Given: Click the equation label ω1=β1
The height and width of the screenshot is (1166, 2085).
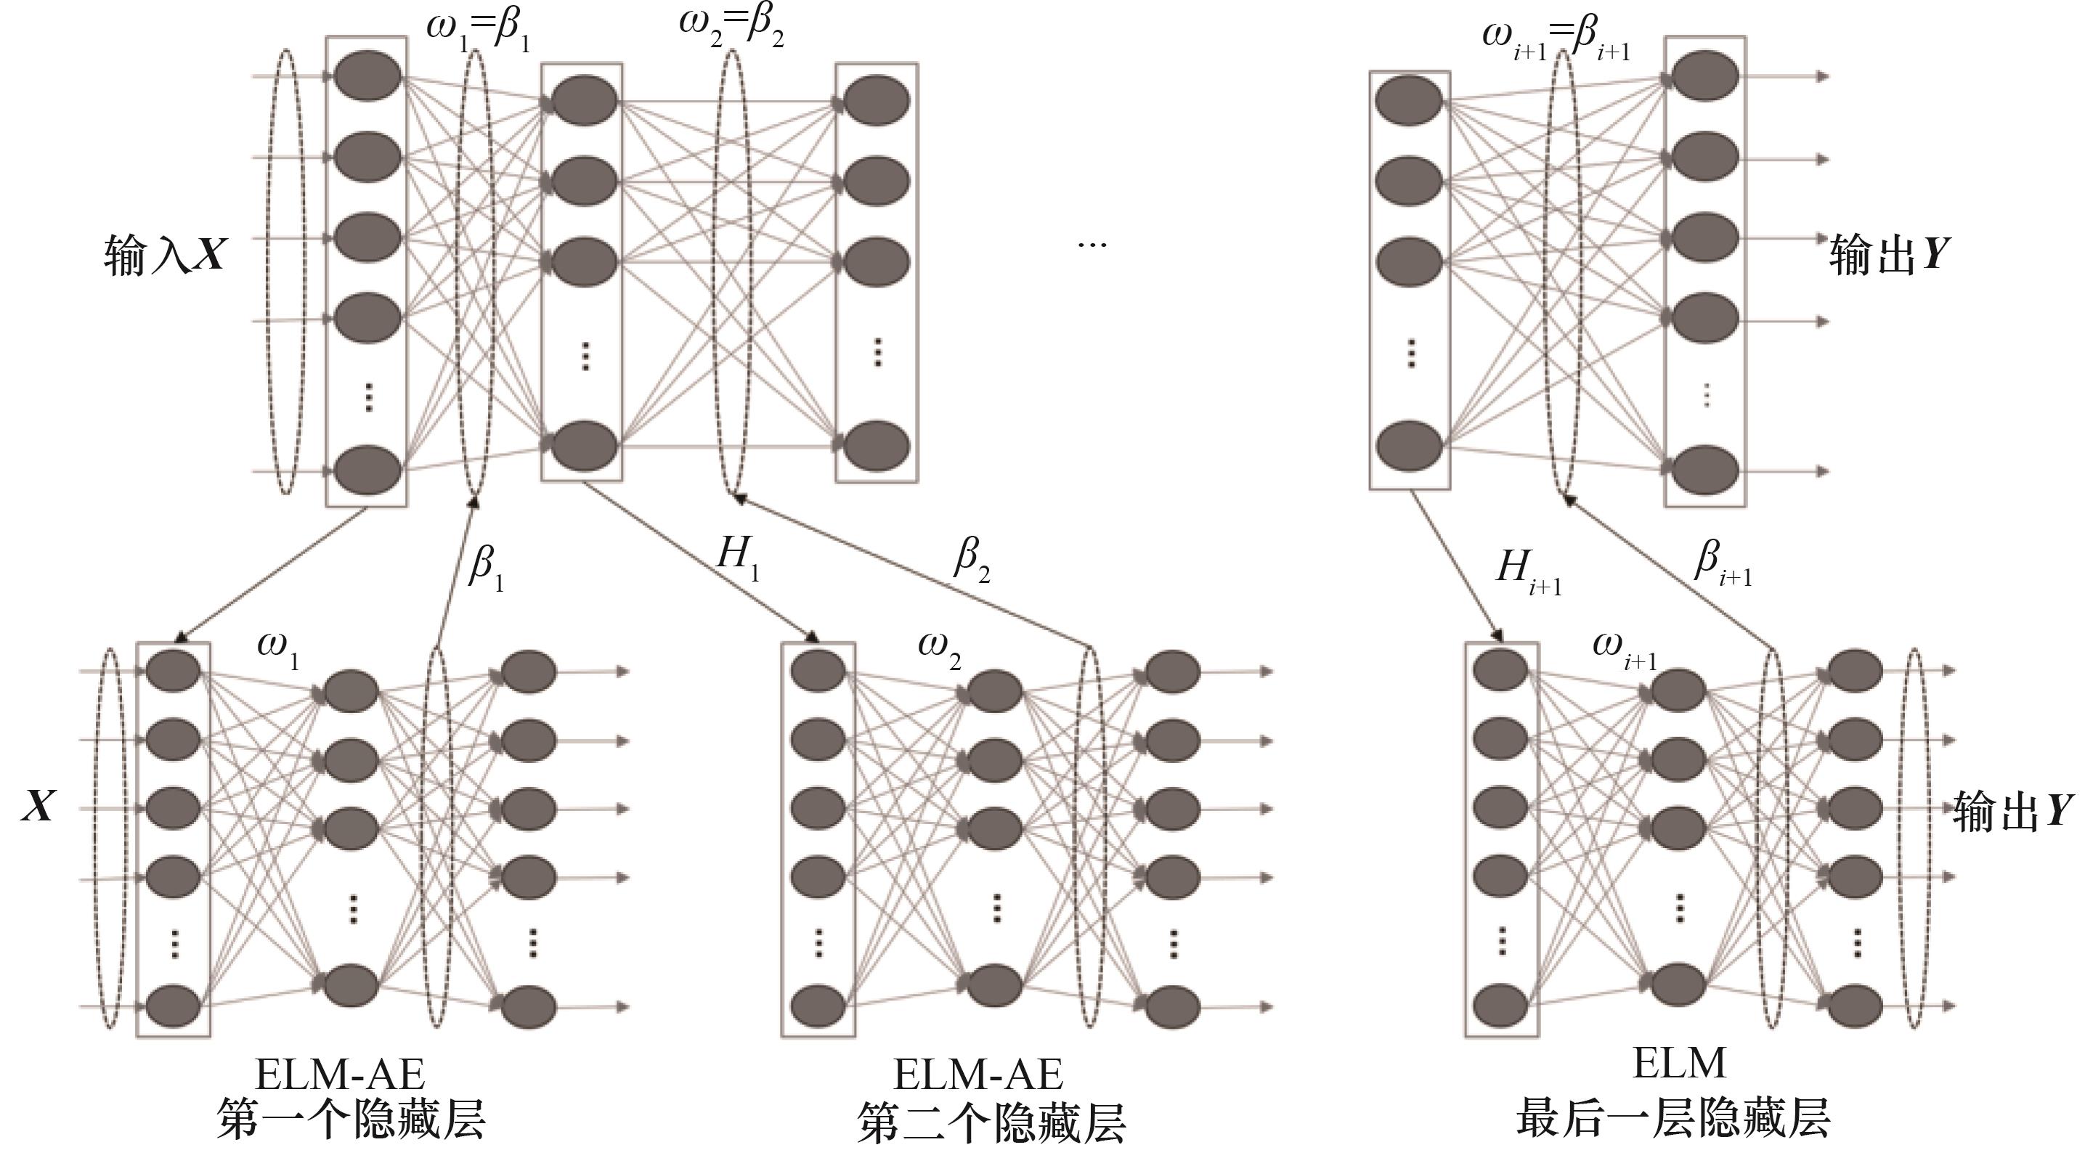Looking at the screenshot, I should click(479, 30).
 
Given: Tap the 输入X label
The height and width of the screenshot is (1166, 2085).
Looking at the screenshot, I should click(165, 255).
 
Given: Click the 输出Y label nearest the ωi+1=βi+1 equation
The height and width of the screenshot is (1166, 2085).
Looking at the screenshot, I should click(1889, 255).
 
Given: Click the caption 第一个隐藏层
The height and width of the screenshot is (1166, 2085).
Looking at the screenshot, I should click(351, 1122).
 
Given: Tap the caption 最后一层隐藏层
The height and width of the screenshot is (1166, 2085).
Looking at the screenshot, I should click(1673, 1119).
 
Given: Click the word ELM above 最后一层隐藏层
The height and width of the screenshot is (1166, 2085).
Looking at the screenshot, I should click(1679, 1064).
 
